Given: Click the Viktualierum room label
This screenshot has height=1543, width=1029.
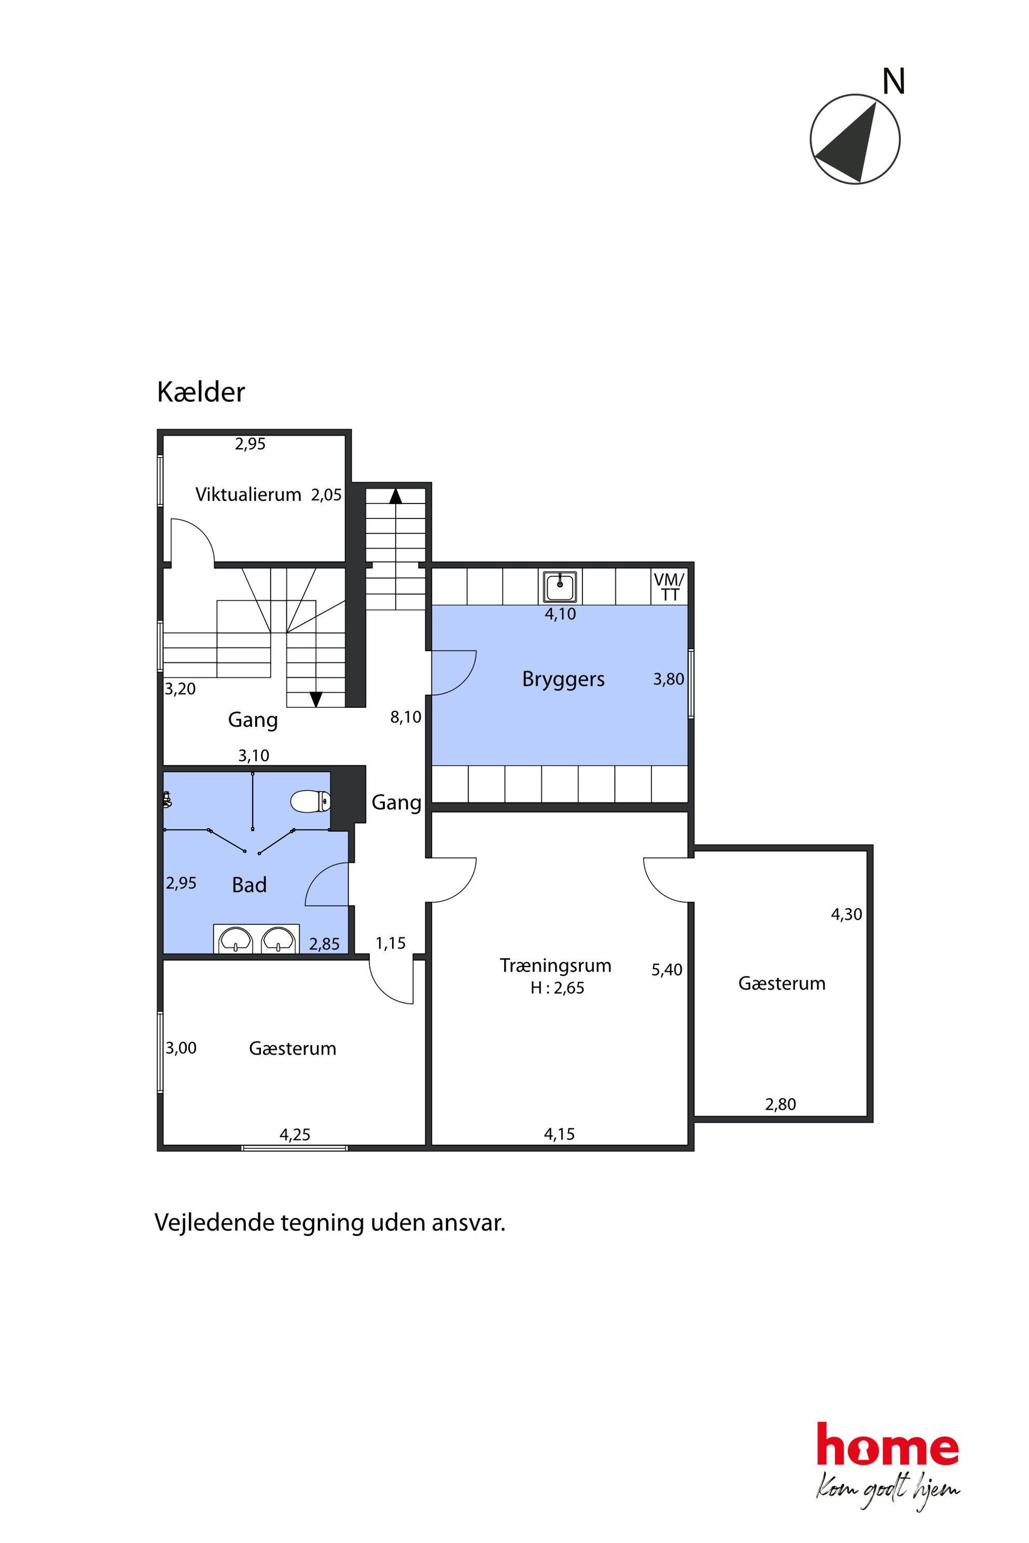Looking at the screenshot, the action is point(248,495).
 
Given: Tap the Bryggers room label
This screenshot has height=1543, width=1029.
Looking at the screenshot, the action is point(563,679).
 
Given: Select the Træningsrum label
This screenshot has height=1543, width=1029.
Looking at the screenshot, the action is point(555,966).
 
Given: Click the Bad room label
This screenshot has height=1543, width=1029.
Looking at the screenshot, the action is point(249,885).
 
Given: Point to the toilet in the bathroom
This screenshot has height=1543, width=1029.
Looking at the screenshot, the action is point(310,801).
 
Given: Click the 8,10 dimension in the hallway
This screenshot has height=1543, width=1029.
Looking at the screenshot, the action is point(406,718).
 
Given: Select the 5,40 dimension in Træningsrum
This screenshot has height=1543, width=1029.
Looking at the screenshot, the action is point(667,970).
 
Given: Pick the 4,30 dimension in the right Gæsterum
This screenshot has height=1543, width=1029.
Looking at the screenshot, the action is point(846,915).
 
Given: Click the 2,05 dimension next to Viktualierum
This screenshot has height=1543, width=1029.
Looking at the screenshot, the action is point(326,495).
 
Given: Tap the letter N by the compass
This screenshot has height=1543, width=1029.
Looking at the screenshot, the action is point(894,82).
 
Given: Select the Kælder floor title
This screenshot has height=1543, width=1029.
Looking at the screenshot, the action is point(201,392).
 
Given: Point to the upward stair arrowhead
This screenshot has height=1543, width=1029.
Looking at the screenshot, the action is point(396,496).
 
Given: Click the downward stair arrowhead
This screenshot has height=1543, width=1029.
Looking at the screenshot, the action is point(316,699).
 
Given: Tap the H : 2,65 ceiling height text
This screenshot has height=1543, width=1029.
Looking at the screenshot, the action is point(557,988).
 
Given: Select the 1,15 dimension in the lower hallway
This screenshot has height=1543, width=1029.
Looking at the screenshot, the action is point(391,944).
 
